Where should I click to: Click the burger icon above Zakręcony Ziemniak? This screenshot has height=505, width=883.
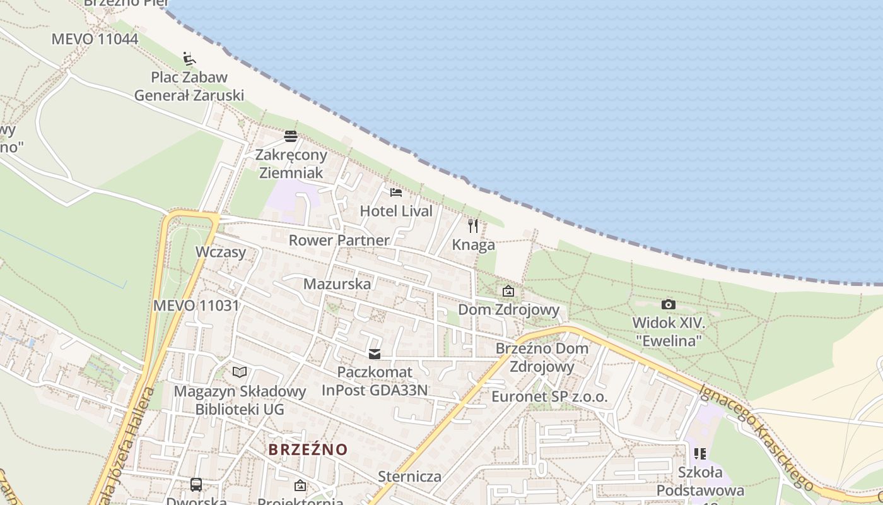pos(291,136)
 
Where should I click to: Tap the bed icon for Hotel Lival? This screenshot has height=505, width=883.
pos(396,192)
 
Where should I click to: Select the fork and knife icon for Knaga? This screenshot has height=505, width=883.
pos(473,225)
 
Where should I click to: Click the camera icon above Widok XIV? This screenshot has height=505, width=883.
pos(669,305)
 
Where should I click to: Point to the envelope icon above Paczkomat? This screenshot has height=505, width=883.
pos(375,354)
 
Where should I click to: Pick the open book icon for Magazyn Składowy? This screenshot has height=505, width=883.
pos(240,372)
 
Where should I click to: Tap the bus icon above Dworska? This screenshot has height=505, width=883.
pos(196,485)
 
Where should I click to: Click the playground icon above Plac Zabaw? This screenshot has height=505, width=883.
pos(189,59)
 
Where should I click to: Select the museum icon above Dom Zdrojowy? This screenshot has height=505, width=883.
pos(508,291)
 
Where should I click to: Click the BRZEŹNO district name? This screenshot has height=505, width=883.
pos(308,449)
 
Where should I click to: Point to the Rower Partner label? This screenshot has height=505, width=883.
pos(339,240)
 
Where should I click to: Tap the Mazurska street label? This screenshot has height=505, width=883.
pos(337,283)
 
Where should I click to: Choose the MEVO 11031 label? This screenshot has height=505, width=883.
pos(196,306)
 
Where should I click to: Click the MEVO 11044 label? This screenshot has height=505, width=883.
pos(95,39)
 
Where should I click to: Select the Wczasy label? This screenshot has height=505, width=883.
pos(221,251)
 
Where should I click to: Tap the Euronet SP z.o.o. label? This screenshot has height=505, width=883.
pos(549,396)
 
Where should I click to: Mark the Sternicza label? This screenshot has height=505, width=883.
pos(409,476)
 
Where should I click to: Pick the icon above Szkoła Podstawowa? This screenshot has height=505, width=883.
pos(699,454)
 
